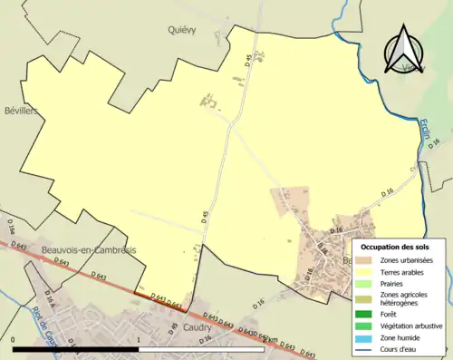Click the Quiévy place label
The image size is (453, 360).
tap(182, 29)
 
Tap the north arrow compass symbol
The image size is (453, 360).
tap(405, 51)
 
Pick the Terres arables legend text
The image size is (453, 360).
tap(404, 271)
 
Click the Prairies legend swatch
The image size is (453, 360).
tap(367, 282)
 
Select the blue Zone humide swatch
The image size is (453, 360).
tap(367, 337)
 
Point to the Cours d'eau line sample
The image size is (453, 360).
tap(367, 348)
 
